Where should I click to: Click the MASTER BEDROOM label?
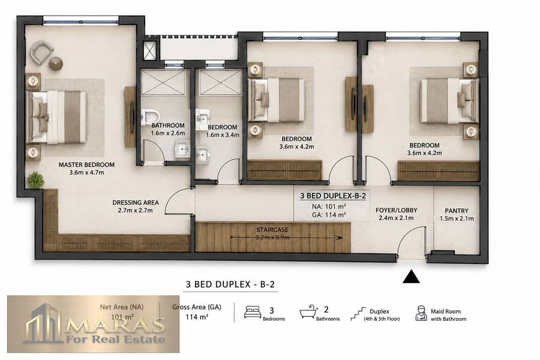[x=86, y=164]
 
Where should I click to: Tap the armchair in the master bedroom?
[x=41, y=52]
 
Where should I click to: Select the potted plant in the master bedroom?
[x=36, y=179]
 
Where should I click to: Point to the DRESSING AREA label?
[x=136, y=203]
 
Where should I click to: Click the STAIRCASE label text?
[x=272, y=230]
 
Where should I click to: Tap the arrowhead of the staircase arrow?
[x=340, y=238]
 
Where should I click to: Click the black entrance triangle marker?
[x=411, y=277]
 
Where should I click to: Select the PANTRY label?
[x=457, y=211]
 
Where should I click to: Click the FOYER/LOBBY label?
[x=397, y=210]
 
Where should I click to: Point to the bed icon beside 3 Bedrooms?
[x=253, y=312]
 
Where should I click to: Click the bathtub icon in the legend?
[x=308, y=312]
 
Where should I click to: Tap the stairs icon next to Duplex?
[x=358, y=314]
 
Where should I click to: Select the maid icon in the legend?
[x=421, y=313]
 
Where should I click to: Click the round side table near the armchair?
[x=55, y=64]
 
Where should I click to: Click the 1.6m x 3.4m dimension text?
[x=223, y=135]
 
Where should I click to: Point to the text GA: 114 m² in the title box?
[x=329, y=215]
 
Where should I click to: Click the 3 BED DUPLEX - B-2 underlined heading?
[x=230, y=284]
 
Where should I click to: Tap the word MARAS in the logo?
[x=115, y=325]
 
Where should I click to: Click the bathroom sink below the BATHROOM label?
[x=182, y=149]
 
